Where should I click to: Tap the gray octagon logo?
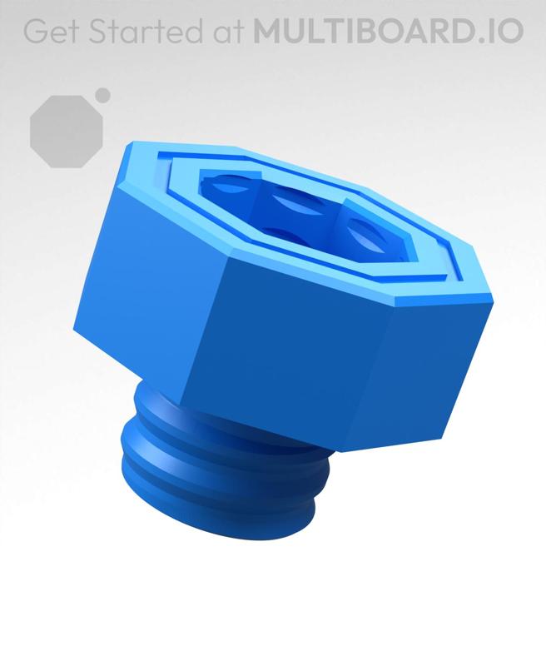[x=66, y=131]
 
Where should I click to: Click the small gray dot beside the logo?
[x=102, y=95]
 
